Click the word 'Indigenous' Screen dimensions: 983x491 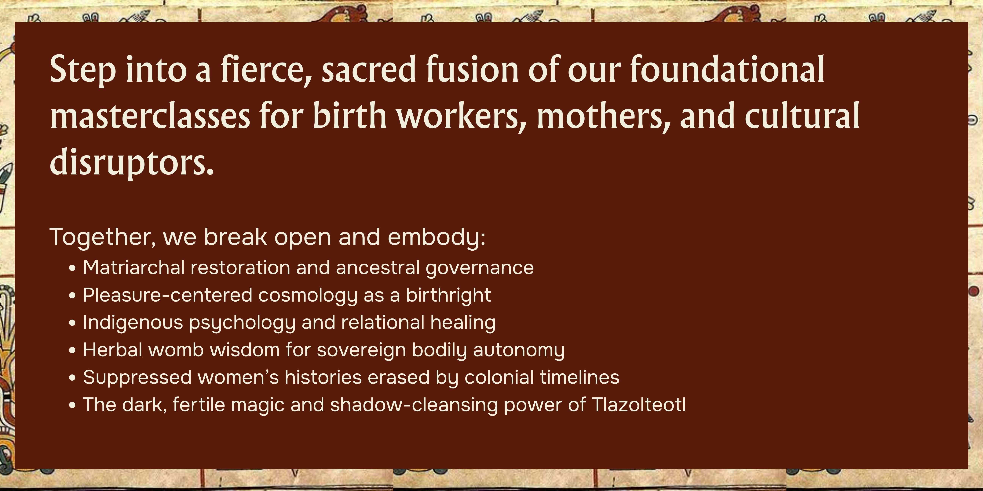coord(133,323)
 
